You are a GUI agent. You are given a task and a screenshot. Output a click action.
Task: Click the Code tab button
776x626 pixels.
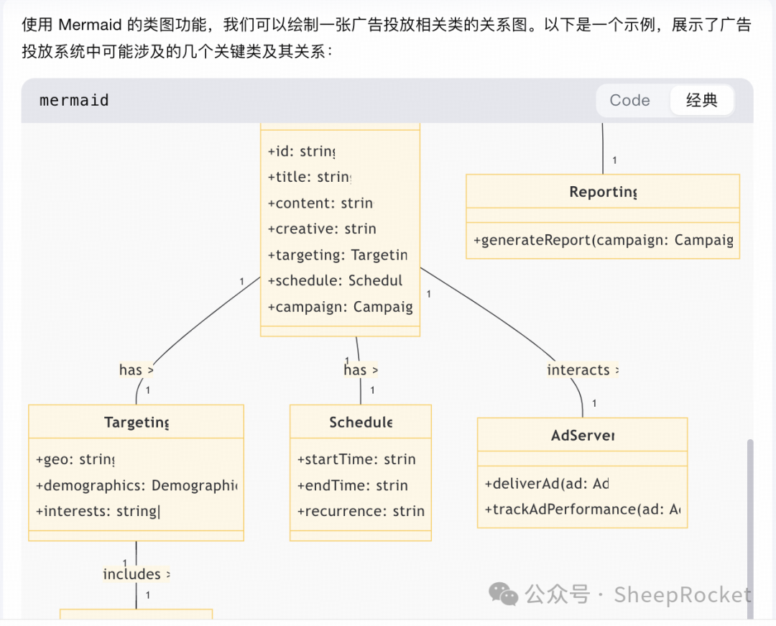tap(629, 101)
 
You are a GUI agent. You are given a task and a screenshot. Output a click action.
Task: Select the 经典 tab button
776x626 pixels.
tap(701, 101)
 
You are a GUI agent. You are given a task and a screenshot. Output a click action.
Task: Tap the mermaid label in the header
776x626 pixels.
tap(74, 101)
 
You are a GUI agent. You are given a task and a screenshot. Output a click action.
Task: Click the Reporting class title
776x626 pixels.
tap(603, 192)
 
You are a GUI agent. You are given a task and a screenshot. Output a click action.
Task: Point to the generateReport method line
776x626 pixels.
tap(603, 240)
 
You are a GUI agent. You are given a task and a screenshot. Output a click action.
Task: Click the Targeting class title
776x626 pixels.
tap(137, 423)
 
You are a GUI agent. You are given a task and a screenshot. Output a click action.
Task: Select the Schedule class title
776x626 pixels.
tap(361, 423)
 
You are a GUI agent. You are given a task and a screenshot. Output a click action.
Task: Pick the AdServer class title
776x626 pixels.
tap(583, 436)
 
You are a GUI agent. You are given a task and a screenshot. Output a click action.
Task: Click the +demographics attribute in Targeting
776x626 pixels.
tap(136, 486)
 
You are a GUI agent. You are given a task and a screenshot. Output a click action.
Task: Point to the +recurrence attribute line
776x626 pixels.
tap(360, 512)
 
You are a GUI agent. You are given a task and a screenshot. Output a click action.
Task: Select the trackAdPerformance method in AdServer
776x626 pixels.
tap(582, 510)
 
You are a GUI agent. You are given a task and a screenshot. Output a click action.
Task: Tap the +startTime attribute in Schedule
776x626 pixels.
tap(356, 460)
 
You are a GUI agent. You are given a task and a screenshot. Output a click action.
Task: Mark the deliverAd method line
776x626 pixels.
tap(546, 484)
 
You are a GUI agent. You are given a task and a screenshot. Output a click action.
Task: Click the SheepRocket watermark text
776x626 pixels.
tap(683, 595)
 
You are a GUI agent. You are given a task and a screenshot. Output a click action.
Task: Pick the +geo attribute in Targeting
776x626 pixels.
tap(75, 460)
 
